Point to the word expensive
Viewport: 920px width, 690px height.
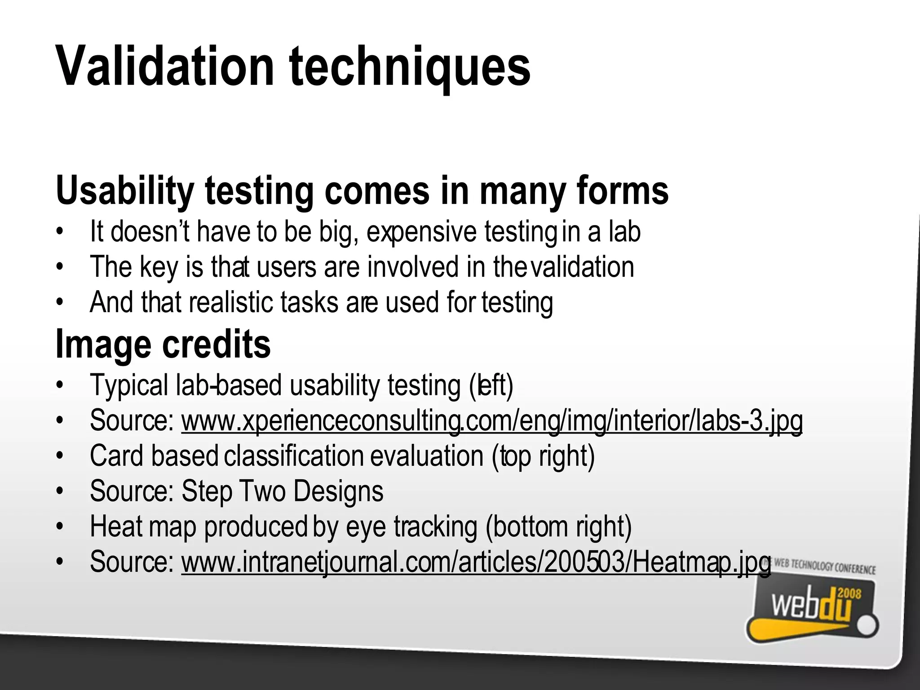coord(421,232)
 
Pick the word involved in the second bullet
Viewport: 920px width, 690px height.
coord(413,267)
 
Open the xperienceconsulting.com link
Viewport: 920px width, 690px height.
coord(491,421)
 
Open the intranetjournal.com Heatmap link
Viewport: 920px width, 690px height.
coord(476,562)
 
